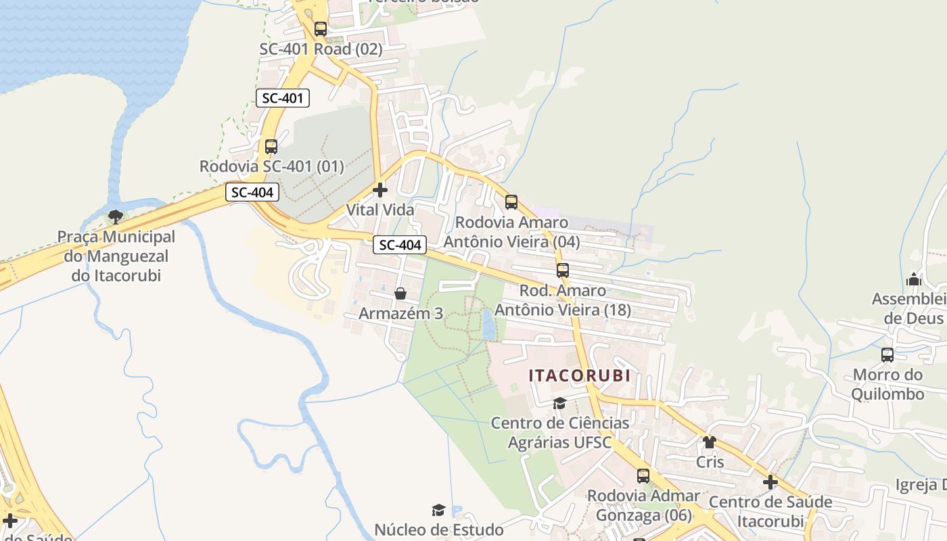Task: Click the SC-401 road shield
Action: coord(283,98)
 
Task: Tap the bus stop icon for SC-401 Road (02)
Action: coord(321,29)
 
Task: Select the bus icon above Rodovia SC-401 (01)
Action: coord(271,146)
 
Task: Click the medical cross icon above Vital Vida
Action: coord(380,190)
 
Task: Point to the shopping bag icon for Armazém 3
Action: coord(400,293)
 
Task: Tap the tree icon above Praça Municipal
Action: coord(116,217)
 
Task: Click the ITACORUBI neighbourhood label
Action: coord(579,375)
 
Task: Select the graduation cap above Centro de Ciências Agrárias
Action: coord(559,404)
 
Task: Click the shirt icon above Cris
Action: coord(709,442)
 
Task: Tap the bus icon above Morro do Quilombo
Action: coord(887,354)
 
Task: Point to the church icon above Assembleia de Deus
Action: coord(914,279)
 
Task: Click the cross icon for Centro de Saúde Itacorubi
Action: coord(770,482)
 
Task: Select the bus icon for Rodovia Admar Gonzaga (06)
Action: coord(643,475)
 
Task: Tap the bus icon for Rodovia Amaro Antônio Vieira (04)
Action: coord(511,202)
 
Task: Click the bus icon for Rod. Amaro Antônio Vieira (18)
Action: coord(562,270)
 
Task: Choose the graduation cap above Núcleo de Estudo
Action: coord(438,510)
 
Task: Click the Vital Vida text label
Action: coord(380,210)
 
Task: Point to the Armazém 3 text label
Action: coord(400,314)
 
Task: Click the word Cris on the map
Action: coord(710,463)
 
